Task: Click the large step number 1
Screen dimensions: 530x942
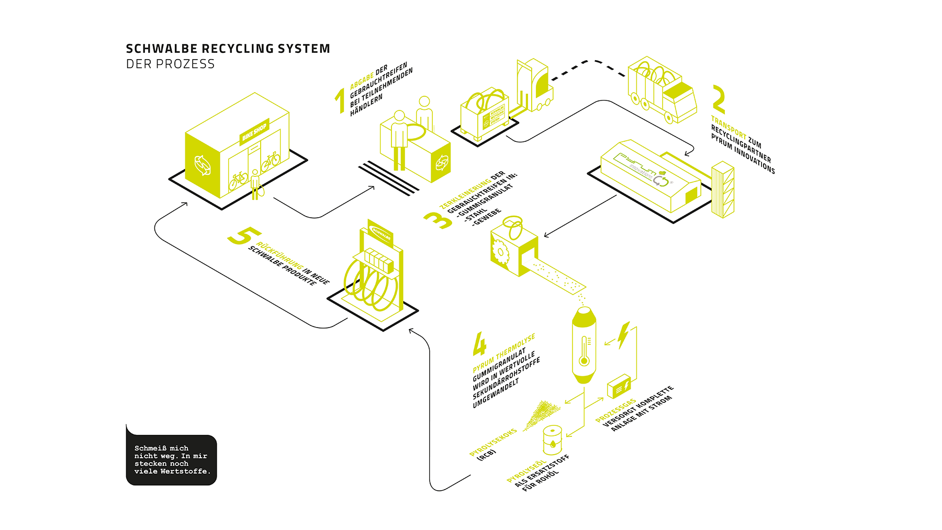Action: (x=341, y=100)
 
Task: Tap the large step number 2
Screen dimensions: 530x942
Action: (x=719, y=99)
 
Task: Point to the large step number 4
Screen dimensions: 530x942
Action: (x=479, y=344)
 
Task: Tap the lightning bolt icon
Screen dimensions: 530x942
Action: (x=623, y=335)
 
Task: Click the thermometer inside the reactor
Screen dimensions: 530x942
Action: (x=584, y=351)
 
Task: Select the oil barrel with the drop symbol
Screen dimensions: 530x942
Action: (x=553, y=439)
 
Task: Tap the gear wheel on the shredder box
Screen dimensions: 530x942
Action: (x=500, y=253)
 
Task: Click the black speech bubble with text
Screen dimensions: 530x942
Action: (x=171, y=459)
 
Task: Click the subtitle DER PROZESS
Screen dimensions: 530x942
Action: (x=170, y=64)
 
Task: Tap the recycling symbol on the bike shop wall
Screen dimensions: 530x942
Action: (x=203, y=165)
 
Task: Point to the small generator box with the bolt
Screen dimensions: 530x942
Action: (x=619, y=386)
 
